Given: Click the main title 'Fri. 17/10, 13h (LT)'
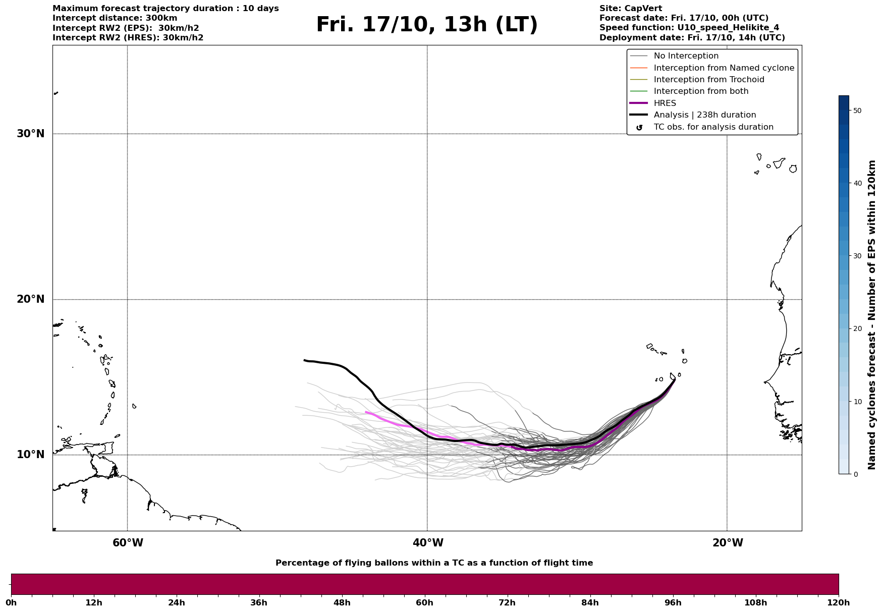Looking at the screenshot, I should coord(427,25).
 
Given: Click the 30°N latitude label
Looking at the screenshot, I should coord(30,134).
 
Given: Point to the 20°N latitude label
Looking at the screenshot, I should coord(30,299).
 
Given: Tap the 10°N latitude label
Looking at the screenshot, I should coord(30,455).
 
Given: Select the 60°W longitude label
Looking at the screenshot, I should coord(128,543).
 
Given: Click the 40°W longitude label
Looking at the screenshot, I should coord(428,543).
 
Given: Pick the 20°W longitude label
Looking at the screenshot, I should coord(728,543).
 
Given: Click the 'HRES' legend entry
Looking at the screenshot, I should coord(665,103).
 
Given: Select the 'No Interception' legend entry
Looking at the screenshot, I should coord(686,56).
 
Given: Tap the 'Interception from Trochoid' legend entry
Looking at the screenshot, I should coord(708,80).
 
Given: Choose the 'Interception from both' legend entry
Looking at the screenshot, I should coord(701,91).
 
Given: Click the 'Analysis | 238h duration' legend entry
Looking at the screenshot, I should coord(704,115).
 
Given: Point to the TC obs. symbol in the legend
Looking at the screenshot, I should coord(639,128).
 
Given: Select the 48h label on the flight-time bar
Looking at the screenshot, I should coord(342,603).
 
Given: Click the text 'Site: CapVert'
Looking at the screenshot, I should coord(630,9).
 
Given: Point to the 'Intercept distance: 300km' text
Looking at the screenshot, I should coord(115,18).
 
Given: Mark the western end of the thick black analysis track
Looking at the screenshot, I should coord(305,360).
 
